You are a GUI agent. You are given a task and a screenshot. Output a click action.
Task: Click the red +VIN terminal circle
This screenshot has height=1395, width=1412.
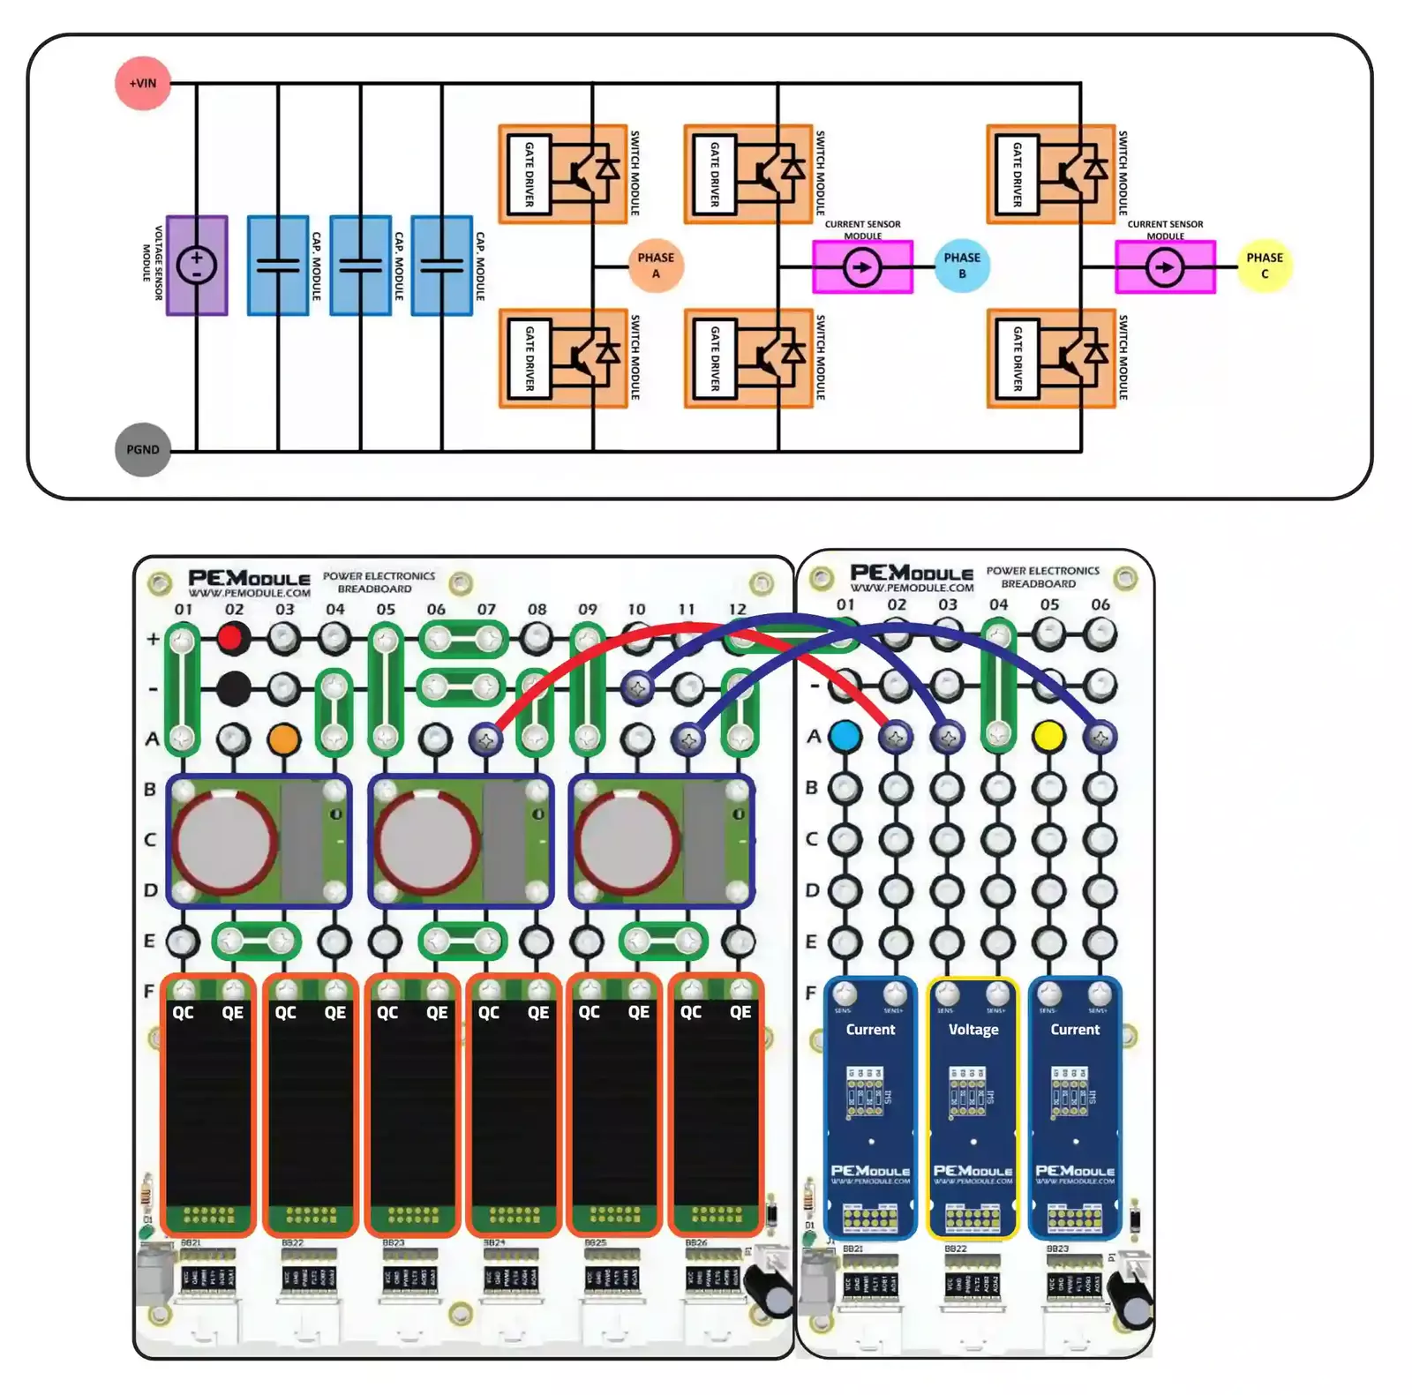(143, 84)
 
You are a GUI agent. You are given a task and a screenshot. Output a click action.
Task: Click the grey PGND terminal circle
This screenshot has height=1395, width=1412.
(143, 450)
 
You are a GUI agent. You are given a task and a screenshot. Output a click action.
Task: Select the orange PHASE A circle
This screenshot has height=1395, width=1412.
(656, 266)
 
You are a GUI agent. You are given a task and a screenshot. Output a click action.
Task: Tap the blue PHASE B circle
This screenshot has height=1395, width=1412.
(962, 266)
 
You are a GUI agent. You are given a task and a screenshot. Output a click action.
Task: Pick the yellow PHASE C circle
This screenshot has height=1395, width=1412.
(1265, 266)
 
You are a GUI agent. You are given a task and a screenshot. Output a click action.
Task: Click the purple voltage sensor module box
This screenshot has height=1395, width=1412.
(197, 266)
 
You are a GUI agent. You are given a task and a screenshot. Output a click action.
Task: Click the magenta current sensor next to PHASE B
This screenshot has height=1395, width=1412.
(862, 266)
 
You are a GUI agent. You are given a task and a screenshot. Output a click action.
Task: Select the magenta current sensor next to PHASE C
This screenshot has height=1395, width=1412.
(1165, 266)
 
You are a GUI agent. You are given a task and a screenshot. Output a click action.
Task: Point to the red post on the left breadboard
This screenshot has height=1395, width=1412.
(233, 637)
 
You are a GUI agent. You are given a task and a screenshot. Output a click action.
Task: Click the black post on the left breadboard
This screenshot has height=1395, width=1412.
(233, 688)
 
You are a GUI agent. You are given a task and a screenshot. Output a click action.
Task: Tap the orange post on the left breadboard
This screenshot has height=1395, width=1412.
(283, 739)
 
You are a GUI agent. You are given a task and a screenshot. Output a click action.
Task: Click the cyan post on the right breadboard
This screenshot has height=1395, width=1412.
(845, 735)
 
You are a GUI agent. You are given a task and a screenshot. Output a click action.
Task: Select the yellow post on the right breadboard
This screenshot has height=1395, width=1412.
(1048, 735)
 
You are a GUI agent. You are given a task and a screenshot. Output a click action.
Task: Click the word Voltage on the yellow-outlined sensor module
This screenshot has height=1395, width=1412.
(973, 1030)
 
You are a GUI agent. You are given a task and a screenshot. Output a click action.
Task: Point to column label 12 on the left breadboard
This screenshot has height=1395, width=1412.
(737, 610)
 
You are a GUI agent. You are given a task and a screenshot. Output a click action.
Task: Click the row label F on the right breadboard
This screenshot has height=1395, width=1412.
(811, 993)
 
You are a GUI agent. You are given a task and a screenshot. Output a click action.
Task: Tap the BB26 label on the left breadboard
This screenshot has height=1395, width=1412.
(696, 1243)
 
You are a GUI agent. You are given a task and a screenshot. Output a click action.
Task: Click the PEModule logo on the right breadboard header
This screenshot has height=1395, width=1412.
(912, 573)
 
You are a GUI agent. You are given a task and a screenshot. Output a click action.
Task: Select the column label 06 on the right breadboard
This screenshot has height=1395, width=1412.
(1100, 604)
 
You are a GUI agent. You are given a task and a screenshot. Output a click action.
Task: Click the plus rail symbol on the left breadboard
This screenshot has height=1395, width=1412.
(153, 638)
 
